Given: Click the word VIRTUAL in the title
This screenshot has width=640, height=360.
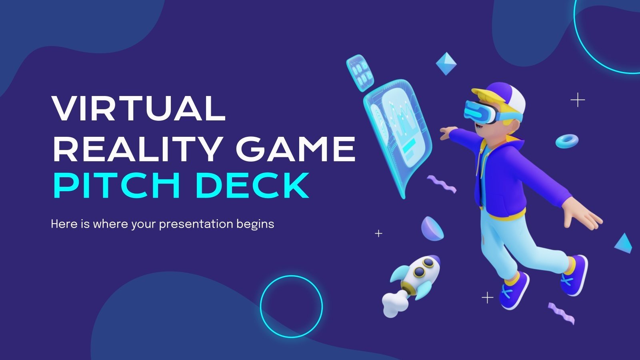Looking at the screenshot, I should [x=139, y=108].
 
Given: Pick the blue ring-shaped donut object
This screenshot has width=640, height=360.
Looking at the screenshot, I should [x=567, y=140].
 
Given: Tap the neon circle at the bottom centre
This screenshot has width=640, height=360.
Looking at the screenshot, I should [x=291, y=306].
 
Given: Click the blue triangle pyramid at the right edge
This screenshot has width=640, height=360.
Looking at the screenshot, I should [x=623, y=243].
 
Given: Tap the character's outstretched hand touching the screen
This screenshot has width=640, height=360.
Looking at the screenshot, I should [x=447, y=133].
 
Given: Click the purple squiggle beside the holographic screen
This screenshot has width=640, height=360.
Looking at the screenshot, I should [x=442, y=184].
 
